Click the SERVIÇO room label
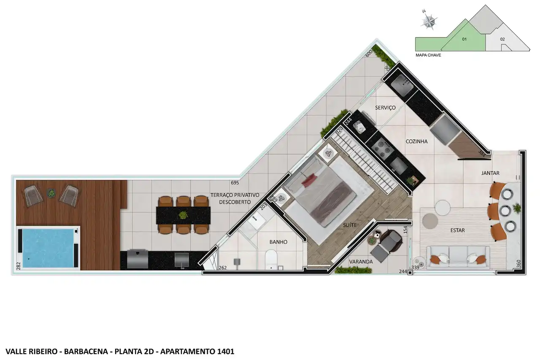(385, 108)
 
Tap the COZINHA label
(416, 141)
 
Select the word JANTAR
(490, 173)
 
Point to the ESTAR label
(458, 230)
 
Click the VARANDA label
(361, 262)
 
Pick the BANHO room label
(278, 242)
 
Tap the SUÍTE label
(350, 225)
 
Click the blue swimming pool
(48, 248)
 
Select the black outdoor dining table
(183, 215)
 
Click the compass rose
(429, 21)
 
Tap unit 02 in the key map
(502, 39)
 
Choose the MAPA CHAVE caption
(428, 55)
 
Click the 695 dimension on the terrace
(235, 183)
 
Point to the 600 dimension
(369, 53)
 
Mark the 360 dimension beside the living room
(519, 263)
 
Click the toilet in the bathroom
(271, 260)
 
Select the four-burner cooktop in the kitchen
(383, 148)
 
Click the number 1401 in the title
(226, 352)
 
